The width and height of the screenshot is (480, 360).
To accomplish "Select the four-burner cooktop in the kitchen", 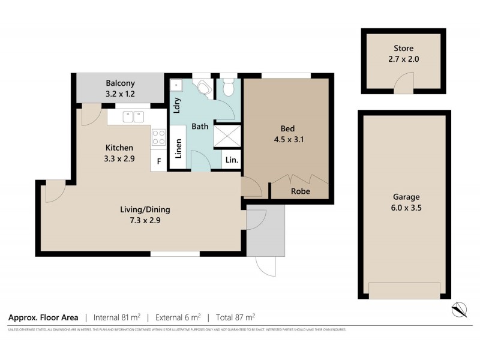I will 158,137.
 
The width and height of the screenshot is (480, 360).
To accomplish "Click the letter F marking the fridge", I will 159,161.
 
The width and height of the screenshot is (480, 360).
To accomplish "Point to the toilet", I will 227,88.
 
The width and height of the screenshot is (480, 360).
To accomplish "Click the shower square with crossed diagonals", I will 227,136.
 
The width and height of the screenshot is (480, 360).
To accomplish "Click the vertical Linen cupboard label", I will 178,148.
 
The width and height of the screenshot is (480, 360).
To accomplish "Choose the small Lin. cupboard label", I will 232,161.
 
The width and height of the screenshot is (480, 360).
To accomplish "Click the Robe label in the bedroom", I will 300,192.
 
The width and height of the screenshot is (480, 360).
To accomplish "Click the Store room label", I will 403,48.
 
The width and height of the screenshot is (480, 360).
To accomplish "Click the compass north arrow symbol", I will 459,309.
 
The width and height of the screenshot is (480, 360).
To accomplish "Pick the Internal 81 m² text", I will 118,317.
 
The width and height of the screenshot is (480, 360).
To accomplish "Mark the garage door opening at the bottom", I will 403,291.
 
